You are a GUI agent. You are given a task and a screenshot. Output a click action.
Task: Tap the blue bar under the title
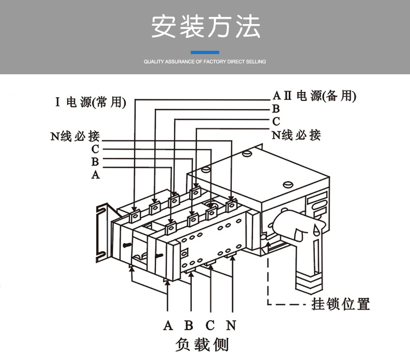[205, 52]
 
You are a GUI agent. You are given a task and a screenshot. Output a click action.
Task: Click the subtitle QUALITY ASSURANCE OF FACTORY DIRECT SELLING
[205, 62]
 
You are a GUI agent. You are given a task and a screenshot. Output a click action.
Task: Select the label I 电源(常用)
[91, 102]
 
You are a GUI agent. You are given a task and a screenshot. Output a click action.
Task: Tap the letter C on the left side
[96, 149]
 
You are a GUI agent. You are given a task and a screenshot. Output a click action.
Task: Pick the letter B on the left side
[95, 162]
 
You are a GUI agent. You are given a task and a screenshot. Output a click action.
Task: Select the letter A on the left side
[96, 175]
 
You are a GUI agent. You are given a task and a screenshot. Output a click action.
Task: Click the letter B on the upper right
[276, 109]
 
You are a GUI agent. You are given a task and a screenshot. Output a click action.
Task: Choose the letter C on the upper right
[276, 121]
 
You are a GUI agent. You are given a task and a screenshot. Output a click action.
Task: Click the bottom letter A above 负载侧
[168, 326]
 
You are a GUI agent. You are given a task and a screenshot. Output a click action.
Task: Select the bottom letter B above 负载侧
[189, 326]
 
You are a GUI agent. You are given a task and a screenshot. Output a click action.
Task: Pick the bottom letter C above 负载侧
[210, 326]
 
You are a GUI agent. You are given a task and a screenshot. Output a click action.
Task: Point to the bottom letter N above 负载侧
[231, 326]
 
